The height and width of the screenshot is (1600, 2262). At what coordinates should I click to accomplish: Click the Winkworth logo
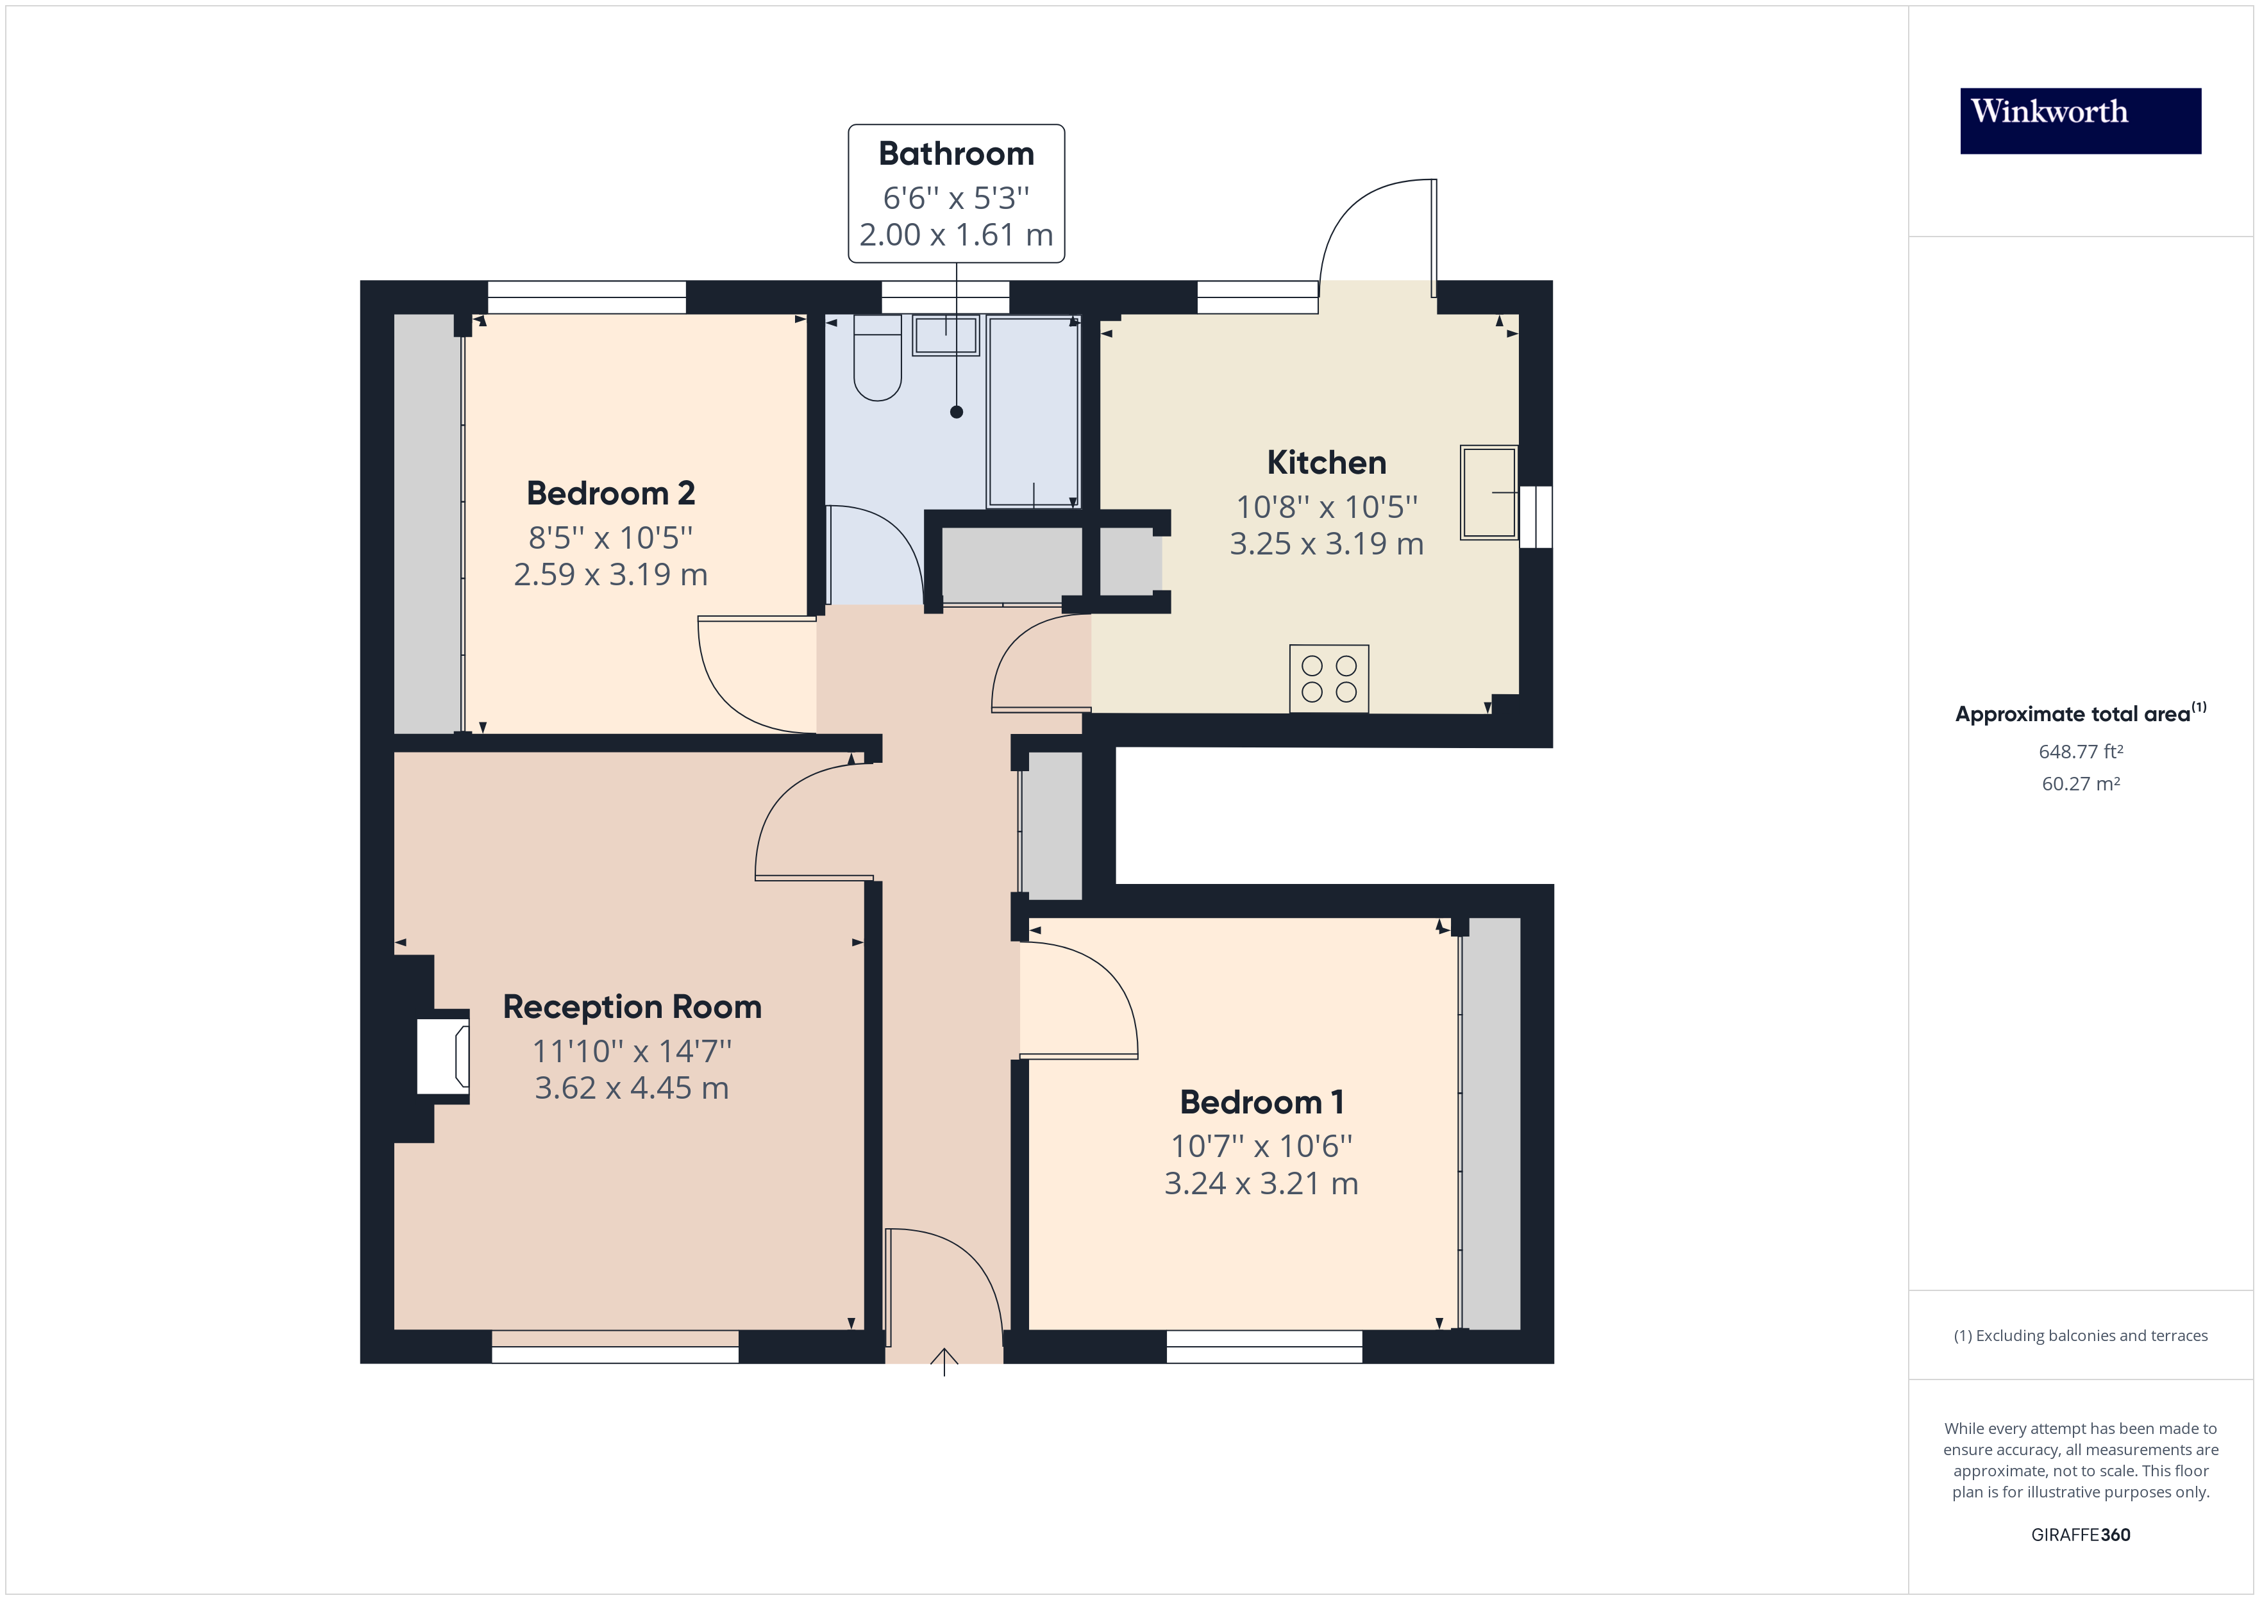pyautogui.click(x=2080, y=121)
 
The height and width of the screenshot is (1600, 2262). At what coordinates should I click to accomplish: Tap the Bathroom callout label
pyautogui.click(x=955, y=193)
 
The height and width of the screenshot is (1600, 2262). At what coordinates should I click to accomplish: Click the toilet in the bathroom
pyautogui.click(x=877, y=360)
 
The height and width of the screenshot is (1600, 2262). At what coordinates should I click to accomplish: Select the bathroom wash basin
pyautogui.click(x=946, y=335)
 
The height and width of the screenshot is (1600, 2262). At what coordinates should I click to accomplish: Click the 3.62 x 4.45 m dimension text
pyautogui.click(x=632, y=1088)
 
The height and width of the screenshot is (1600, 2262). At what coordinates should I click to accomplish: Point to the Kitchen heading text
pyautogui.click(x=1326, y=462)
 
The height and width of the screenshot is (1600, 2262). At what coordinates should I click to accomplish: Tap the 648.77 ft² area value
pyautogui.click(x=2080, y=752)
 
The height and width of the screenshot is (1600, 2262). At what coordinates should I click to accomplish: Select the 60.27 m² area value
pyautogui.click(x=2080, y=784)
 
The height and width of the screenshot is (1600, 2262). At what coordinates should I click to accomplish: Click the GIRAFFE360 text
pyautogui.click(x=2080, y=1534)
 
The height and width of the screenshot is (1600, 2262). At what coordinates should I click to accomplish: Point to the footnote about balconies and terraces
pyautogui.click(x=2080, y=1335)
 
